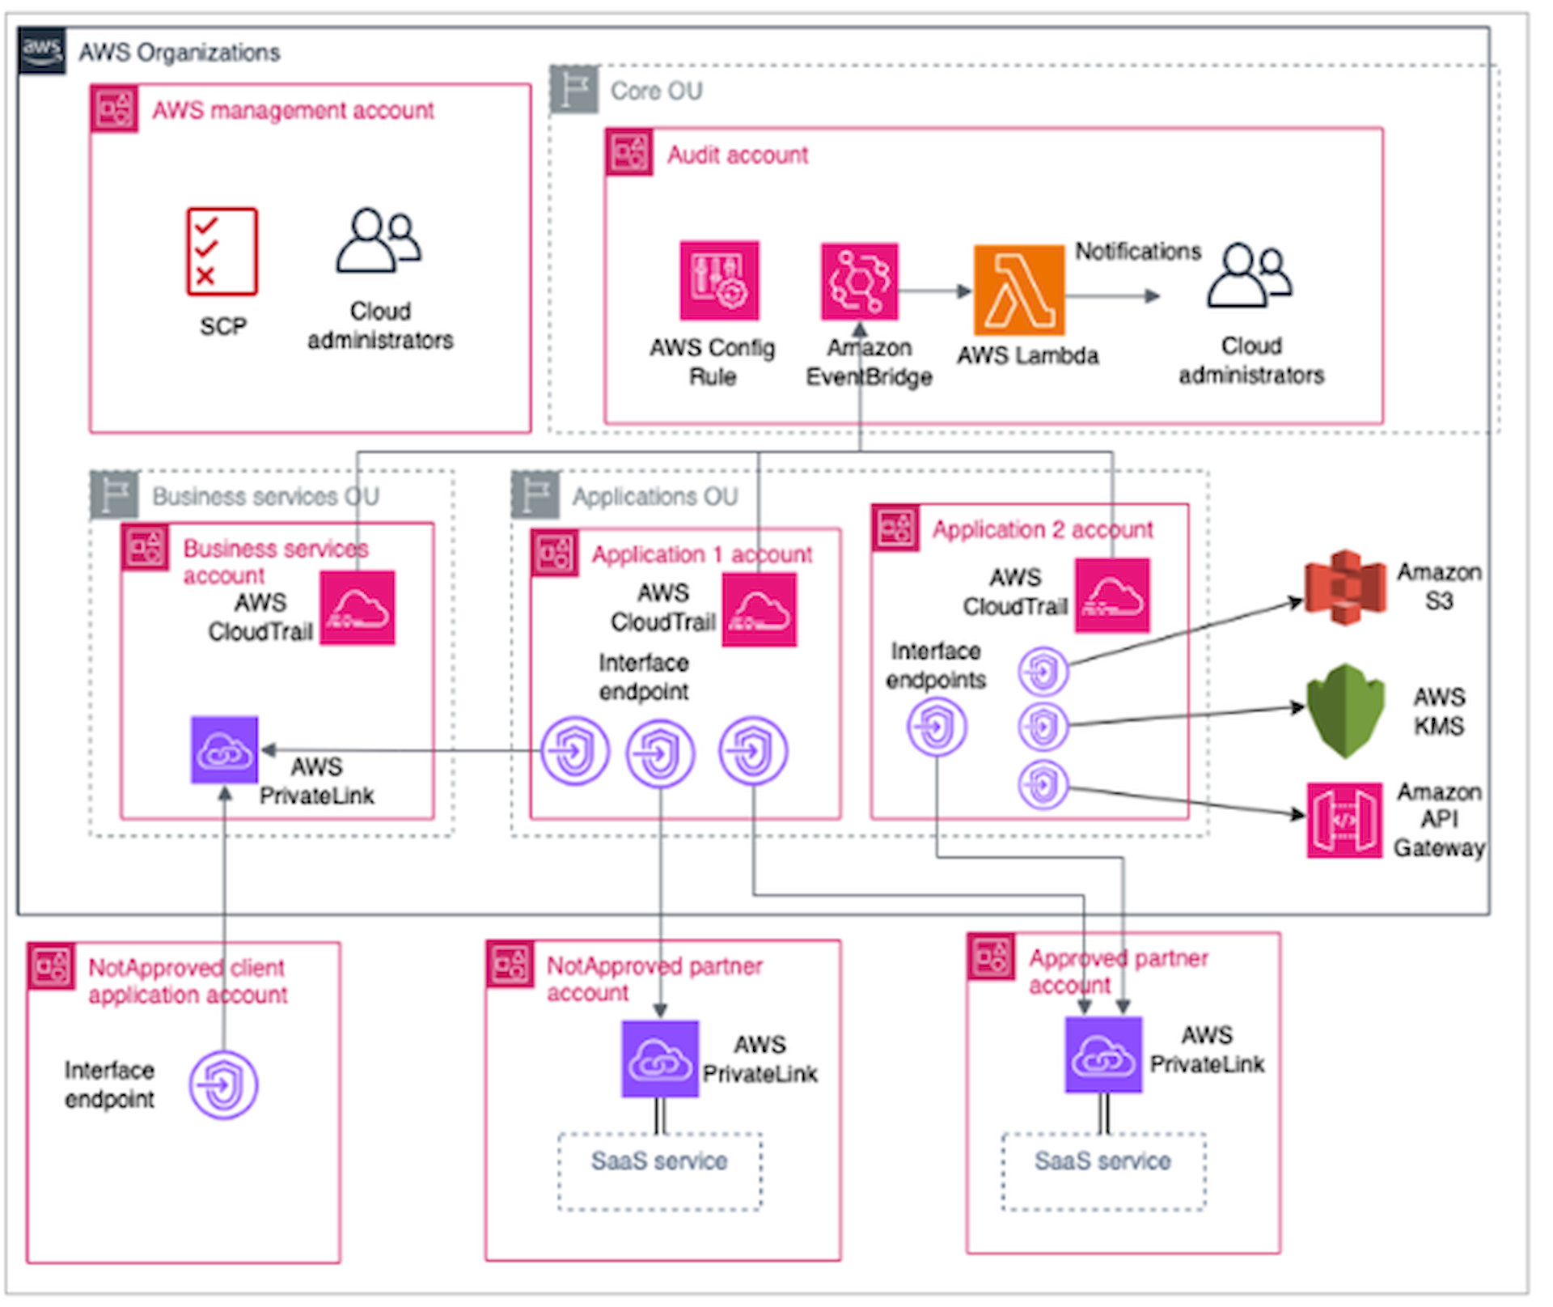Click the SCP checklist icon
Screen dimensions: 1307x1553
click(x=222, y=251)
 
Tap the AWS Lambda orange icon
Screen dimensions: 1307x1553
click(x=1018, y=290)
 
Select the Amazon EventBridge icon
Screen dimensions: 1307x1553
click(x=859, y=281)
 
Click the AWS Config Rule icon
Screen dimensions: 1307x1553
click(x=719, y=280)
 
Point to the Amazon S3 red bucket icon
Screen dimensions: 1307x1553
click(x=1344, y=587)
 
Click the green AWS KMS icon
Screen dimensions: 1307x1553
click(x=1344, y=711)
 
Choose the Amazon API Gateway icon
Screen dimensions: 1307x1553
click(x=1344, y=819)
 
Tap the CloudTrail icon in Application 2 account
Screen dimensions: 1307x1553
click(x=1112, y=595)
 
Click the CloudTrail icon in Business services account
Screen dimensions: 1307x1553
click(x=358, y=608)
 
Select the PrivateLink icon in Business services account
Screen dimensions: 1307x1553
click(x=224, y=750)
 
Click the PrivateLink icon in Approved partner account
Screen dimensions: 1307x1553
click(x=1103, y=1055)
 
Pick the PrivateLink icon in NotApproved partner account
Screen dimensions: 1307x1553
click(x=659, y=1059)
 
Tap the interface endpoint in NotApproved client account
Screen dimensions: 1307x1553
click(x=223, y=1084)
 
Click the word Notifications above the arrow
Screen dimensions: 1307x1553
click(x=1137, y=252)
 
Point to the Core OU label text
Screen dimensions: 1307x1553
click(x=656, y=91)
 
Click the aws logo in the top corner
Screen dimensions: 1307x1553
click(x=41, y=49)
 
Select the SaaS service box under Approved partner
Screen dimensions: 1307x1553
click(x=1102, y=1171)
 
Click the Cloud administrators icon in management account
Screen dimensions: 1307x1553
click(x=379, y=240)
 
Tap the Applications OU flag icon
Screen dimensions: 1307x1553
click(x=535, y=494)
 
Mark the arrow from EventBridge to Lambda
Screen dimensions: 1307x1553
click(x=935, y=291)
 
